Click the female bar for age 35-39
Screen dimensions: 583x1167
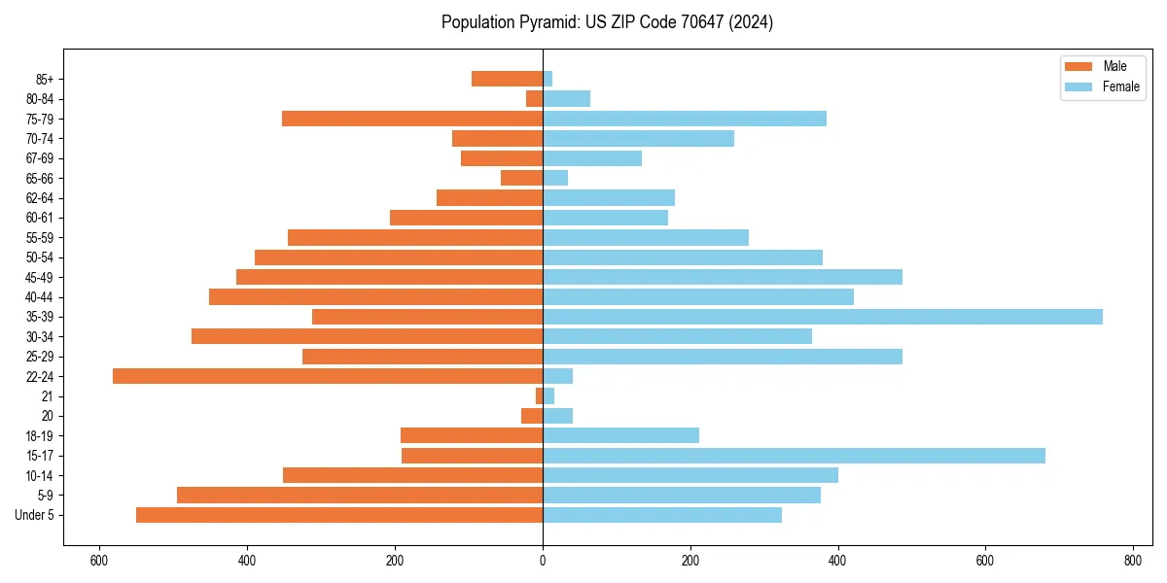(x=822, y=317)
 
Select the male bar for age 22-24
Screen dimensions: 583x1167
(x=328, y=376)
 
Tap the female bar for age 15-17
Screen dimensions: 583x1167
(x=794, y=456)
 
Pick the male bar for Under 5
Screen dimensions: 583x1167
(x=339, y=515)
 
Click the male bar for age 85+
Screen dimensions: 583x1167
(x=507, y=79)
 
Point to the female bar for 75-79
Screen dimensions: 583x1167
(x=685, y=119)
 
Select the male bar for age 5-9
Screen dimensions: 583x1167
(x=360, y=495)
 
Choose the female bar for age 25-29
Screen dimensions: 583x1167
(x=723, y=357)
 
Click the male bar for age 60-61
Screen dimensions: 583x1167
(x=466, y=218)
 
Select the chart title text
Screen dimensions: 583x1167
(x=607, y=22)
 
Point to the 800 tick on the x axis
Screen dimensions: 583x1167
(x=1132, y=562)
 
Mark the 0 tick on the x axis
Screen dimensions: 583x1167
(x=543, y=562)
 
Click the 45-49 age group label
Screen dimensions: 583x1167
(x=40, y=277)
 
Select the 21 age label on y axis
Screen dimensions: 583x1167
(x=48, y=396)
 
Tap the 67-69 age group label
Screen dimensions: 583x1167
(x=40, y=158)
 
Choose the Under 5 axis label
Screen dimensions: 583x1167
(x=35, y=515)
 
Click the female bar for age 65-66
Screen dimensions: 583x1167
(x=555, y=178)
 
